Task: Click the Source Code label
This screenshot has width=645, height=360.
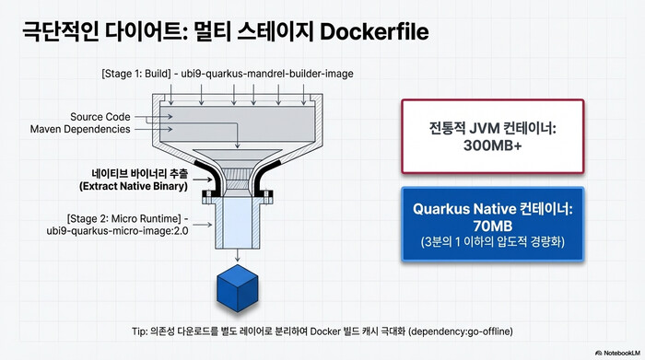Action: pyautogui.click(x=100, y=117)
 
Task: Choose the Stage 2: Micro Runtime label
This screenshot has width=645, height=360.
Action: pyautogui.click(x=127, y=218)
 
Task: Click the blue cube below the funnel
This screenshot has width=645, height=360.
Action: pyautogui.click(x=239, y=289)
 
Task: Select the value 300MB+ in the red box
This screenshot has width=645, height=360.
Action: pyautogui.click(x=492, y=145)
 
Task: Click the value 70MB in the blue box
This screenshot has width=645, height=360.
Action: pyautogui.click(x=492, y=226)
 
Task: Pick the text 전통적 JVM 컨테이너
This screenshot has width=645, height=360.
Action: pyautogui.click(x=492, y=127)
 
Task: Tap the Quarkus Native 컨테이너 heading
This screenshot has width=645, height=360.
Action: pyautogui.click(x=492, y=209)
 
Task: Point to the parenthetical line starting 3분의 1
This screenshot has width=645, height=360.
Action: pyautogui.click(x=492, y=242)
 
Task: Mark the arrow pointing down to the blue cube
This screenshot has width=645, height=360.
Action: pyautogui.click(x=239, y=255)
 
